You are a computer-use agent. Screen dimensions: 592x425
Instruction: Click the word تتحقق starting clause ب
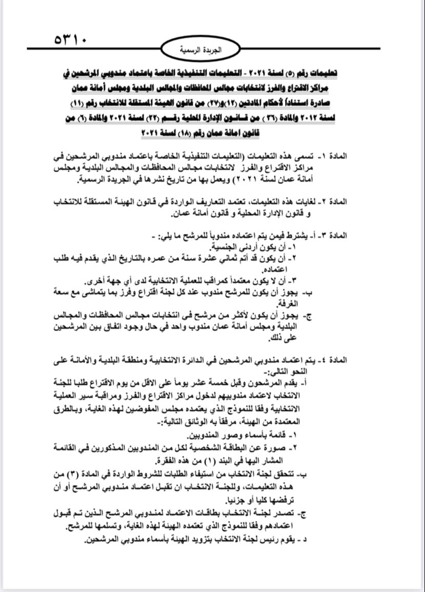point(291,474)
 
